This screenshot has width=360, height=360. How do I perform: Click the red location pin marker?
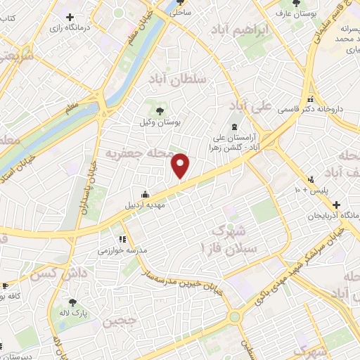click(x=181, y=166)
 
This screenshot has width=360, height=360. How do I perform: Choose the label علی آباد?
click(x=250, y=108)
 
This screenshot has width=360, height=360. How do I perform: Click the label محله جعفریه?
click(x=134, y=152)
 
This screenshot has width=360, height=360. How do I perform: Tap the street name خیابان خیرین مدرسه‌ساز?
click(x=184, y=281)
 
